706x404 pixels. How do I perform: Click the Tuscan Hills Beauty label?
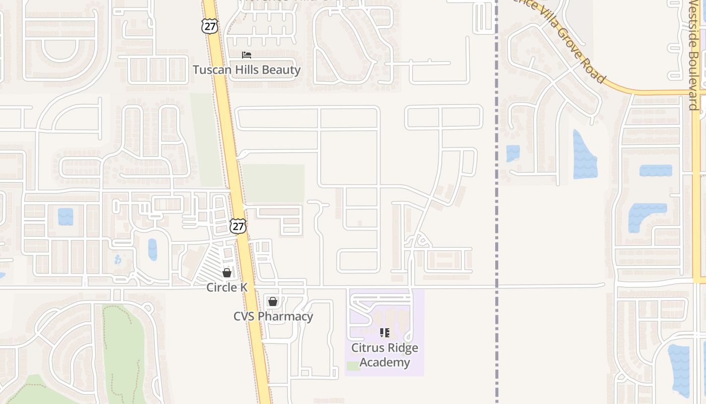pos(247,70)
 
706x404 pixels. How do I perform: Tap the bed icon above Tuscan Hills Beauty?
pos(247,55)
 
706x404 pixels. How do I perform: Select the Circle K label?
pos(227,287)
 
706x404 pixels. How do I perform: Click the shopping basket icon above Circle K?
pos(227,273)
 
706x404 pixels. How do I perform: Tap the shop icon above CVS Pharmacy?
pos(273,301)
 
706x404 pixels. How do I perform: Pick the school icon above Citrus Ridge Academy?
pos(385,333)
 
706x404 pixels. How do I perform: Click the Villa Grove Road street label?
pos(570,43)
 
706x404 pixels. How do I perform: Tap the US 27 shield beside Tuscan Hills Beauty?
pos(209,26)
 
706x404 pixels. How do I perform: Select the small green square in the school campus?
pos(354,366)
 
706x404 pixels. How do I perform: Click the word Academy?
pos(385,362)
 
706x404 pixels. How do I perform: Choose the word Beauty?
pos(281,70)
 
